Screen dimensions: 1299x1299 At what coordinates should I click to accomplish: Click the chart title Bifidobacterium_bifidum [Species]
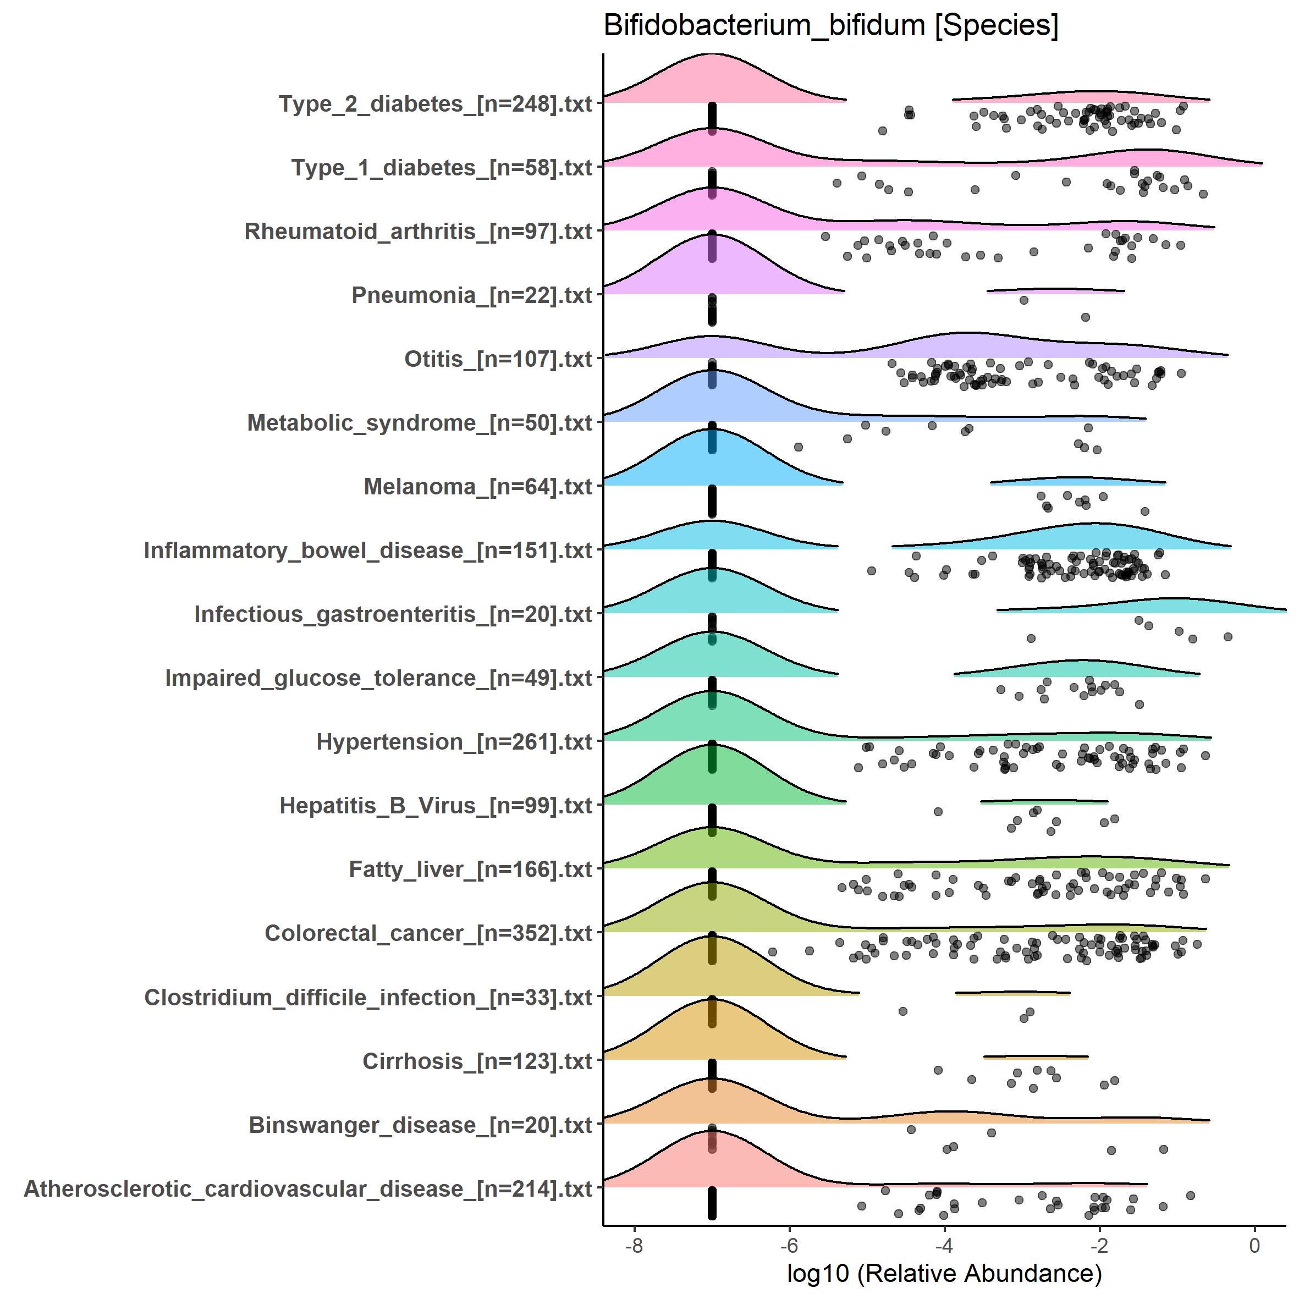(830, 27)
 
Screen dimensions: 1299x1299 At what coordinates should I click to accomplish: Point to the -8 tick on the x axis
(634, 1245)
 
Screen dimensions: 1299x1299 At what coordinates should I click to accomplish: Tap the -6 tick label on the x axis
(789, 1245)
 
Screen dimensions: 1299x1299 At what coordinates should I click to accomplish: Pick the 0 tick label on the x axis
(1254, 1245)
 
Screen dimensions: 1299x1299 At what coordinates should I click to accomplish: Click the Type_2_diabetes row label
(435, 104)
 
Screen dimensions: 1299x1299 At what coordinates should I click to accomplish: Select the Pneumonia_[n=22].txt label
(471, 295)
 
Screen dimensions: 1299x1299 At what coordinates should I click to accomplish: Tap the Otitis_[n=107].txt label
(498, 359)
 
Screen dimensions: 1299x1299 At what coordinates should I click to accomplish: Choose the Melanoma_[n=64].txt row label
(477, 486)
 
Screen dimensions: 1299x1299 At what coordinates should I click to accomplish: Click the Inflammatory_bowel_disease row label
(368, 550)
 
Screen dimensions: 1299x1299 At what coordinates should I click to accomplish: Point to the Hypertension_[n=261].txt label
(454, 741)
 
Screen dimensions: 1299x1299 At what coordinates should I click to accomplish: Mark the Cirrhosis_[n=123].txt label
(477, 1061)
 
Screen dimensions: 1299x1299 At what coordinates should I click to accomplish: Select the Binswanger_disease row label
(420, 1125)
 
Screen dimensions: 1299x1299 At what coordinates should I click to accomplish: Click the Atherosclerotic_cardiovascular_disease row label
(308, 1188)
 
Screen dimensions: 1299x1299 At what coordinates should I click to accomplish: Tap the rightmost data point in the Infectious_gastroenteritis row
(1228, 636)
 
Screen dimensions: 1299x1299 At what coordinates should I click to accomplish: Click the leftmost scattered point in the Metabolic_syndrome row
(798, 447)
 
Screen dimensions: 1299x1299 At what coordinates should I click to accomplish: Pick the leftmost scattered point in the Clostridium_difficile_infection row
(903, 1011)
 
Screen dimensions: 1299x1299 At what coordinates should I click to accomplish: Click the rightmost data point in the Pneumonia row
(1085, 317)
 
